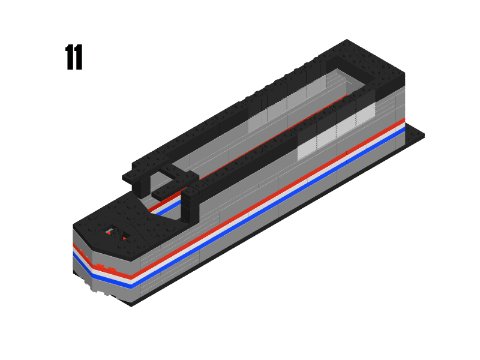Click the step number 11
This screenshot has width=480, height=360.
coord(74,58)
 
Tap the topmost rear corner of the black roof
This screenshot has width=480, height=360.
coord(347,42)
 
